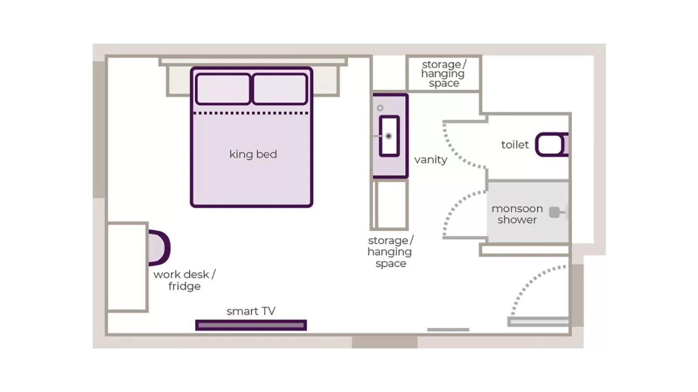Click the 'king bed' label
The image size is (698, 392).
253,154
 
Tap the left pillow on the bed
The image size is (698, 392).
223,89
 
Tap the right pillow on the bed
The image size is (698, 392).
280,89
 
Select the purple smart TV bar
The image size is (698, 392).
251,325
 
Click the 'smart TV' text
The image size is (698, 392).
251,311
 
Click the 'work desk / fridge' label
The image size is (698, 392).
184,280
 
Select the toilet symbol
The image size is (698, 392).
551,145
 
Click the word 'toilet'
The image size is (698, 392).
514,145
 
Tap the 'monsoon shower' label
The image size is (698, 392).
517,214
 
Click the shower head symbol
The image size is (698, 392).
555,213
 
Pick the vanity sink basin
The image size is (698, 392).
389,136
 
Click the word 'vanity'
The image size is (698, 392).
431,160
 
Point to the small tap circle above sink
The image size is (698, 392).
380,108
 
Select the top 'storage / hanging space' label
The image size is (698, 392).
443,74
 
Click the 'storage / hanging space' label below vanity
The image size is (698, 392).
390,252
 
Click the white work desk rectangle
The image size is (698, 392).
127,267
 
